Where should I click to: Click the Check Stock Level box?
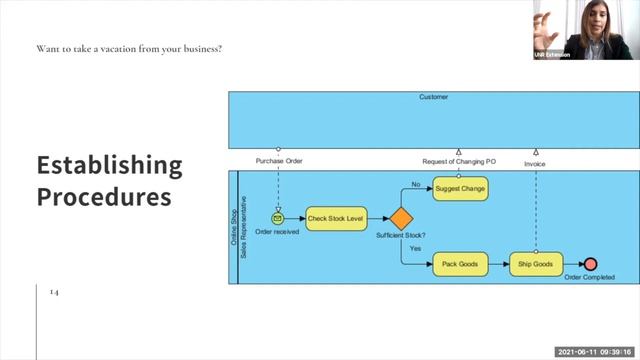click(335, 218)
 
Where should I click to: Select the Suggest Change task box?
click(459, 188)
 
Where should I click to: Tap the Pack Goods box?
click(459, 265)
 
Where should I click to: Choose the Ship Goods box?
click(536, 265)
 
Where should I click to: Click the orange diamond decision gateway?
click(401, 218)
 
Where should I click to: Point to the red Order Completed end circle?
click(590, 265)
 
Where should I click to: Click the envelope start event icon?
click(278, 218)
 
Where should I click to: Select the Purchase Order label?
click(279, 161)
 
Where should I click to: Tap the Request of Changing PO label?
click(459, 161)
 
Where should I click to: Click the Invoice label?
click(535, 161)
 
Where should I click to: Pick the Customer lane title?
click(433, 98)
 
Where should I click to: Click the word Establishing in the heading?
click(109, 165)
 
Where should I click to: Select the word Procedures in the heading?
click(104, 197)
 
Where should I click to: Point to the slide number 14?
click(54, 292)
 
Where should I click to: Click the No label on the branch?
click(416, 184)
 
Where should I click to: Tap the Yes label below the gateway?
click(414, 247)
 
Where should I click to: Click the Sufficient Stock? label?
click(401, 235)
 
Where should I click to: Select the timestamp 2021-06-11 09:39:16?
click(595, 352)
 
